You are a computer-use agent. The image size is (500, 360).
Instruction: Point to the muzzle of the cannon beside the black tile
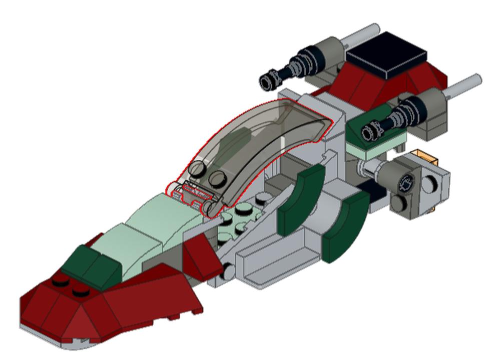coord(269,78)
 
